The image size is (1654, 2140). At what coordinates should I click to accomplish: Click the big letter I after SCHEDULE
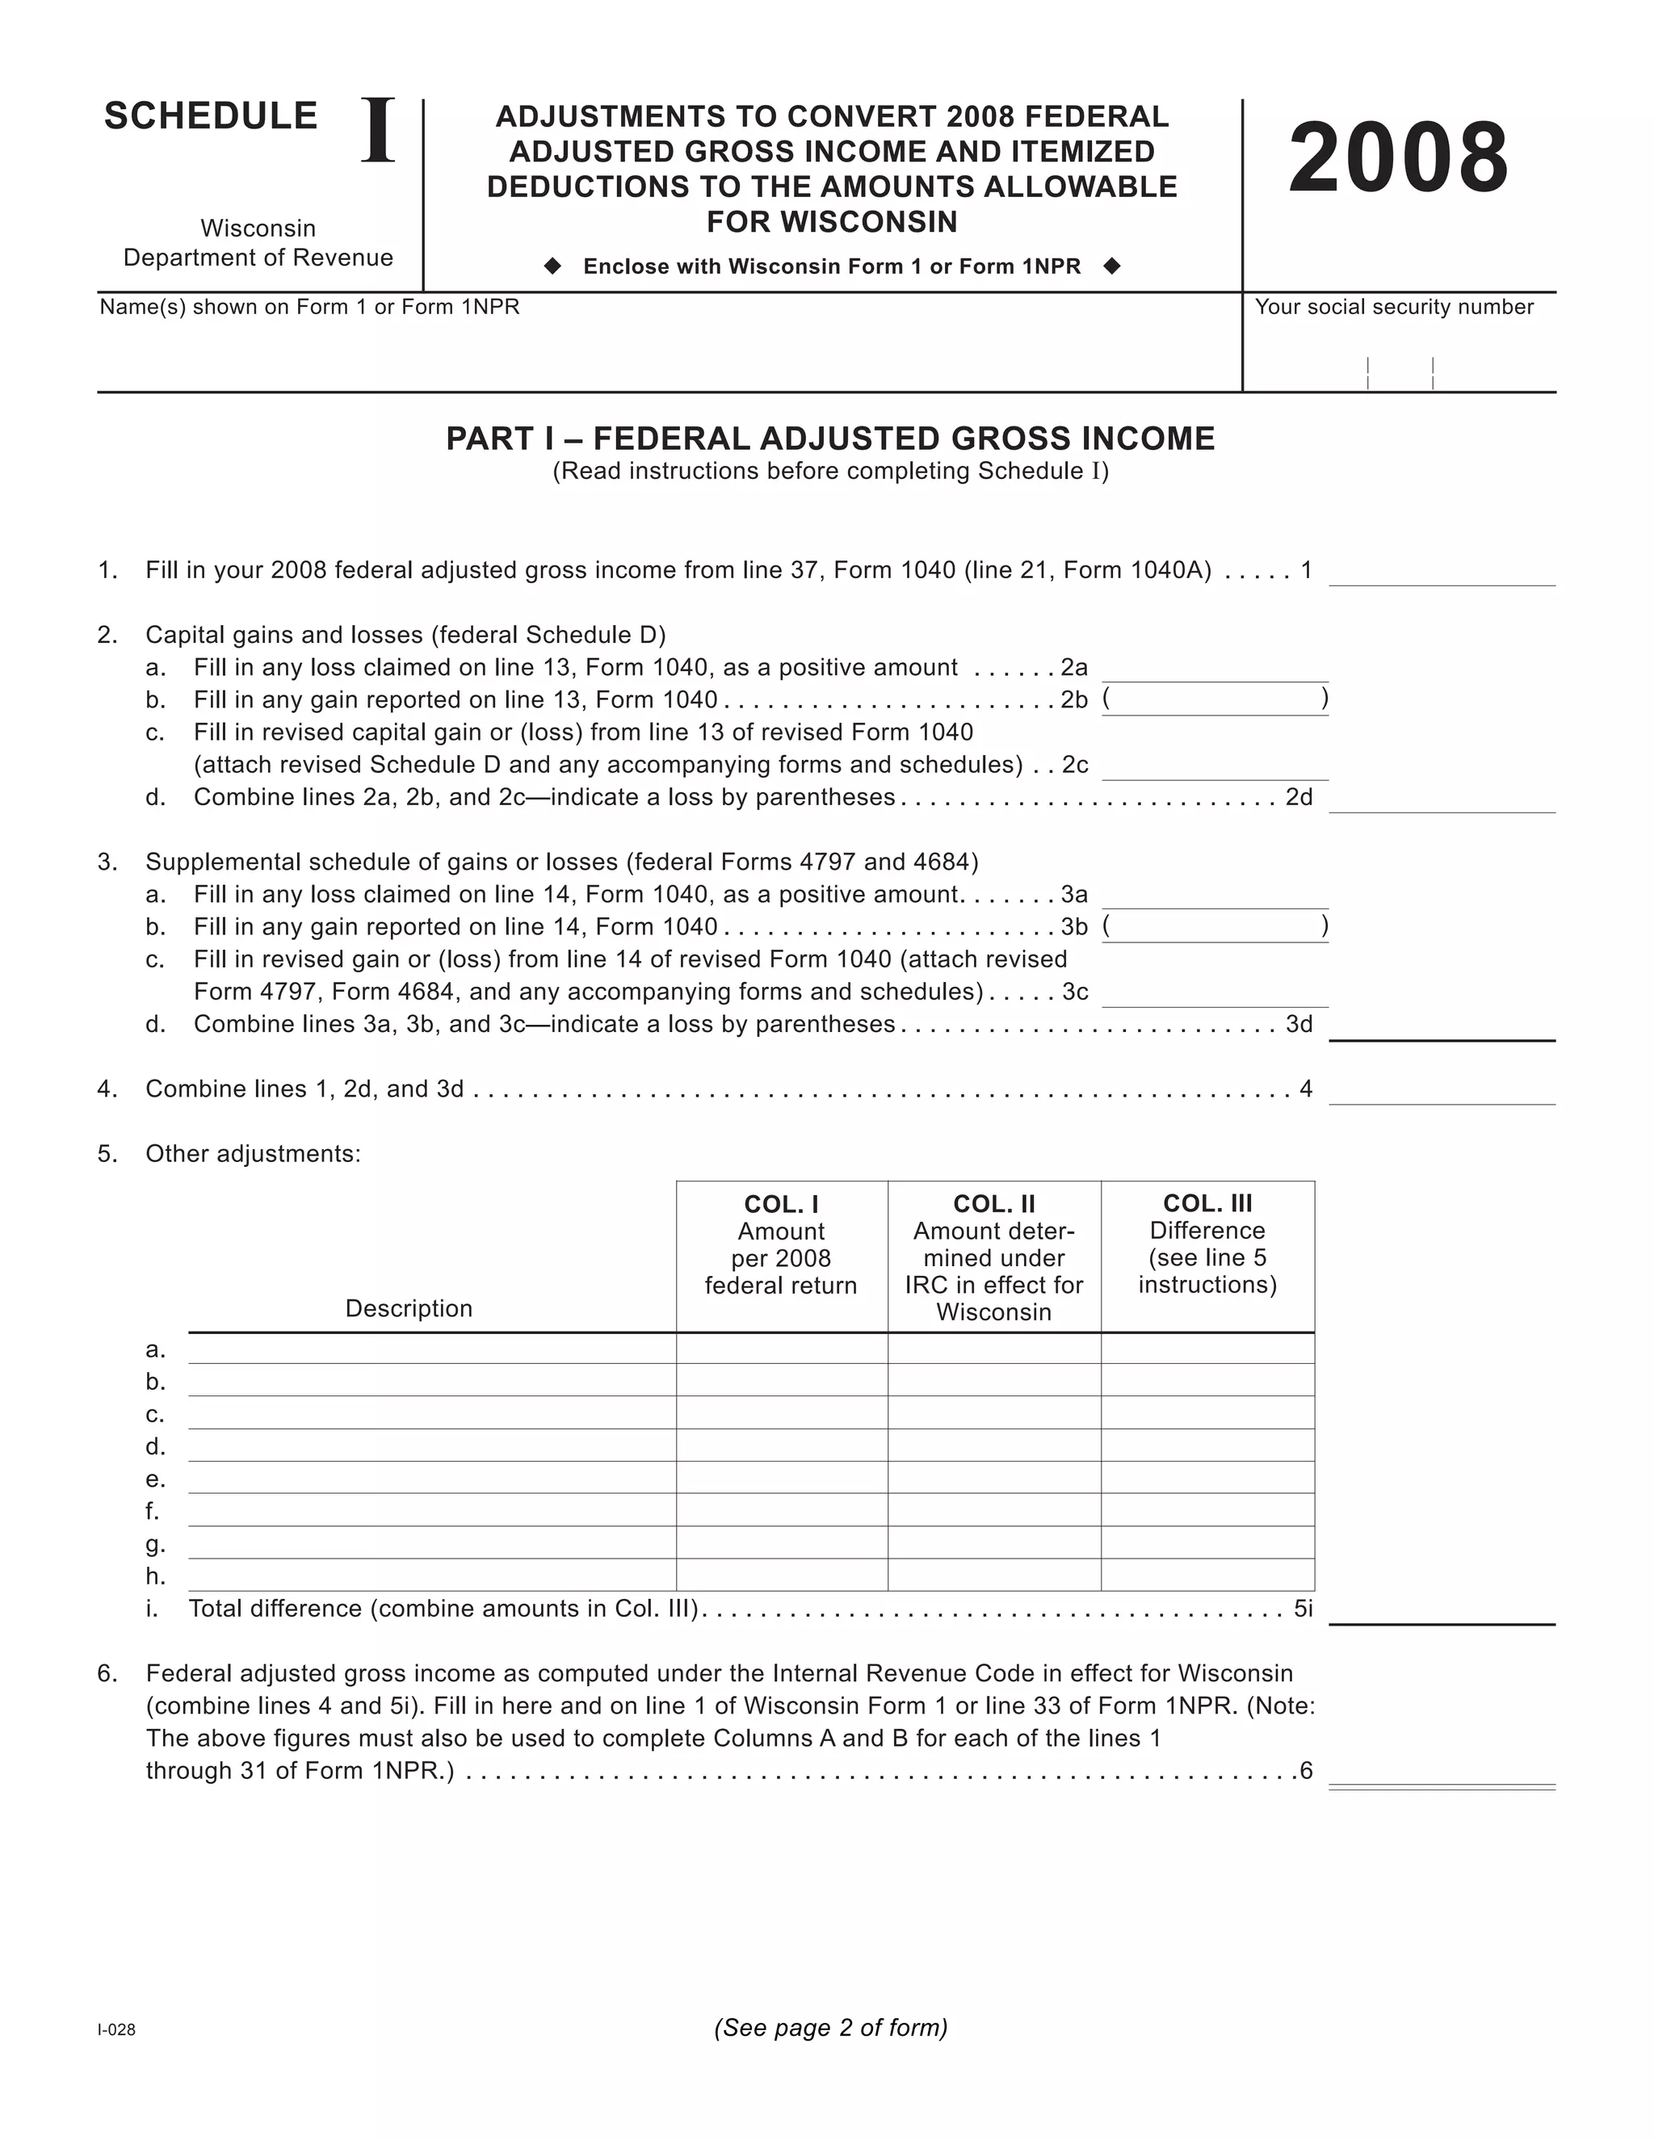click(378, 132)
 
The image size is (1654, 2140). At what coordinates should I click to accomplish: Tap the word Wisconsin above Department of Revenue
click(258, 229)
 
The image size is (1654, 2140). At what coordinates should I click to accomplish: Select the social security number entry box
click(1400, 363)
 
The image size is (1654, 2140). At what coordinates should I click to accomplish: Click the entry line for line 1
click(1442, 573)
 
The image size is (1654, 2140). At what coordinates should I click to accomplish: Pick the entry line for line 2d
click(1442, 799)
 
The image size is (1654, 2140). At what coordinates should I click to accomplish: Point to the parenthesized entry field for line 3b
click(1215, 928)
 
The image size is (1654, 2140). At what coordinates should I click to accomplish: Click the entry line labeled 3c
click(1215, 992)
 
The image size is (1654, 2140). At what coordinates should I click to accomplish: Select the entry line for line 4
click(1442, 1090)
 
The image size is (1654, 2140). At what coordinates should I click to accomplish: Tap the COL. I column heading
click(781, 1204)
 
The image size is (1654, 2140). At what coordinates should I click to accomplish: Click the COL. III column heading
click(1207, 1203)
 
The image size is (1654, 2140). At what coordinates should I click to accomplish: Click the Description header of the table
click(409, 1309)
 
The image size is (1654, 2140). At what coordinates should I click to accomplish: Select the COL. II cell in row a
click(993, 1349)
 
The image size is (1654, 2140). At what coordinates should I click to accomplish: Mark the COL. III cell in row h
click(1207, 1576)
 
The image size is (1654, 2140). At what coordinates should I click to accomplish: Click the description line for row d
click(431, 1447)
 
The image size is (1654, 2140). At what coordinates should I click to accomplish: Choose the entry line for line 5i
click(1442, 1610)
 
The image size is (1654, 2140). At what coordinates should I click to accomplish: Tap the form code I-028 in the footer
click(116, 2030)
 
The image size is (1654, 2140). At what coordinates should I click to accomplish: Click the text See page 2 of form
click(831, 2027)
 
